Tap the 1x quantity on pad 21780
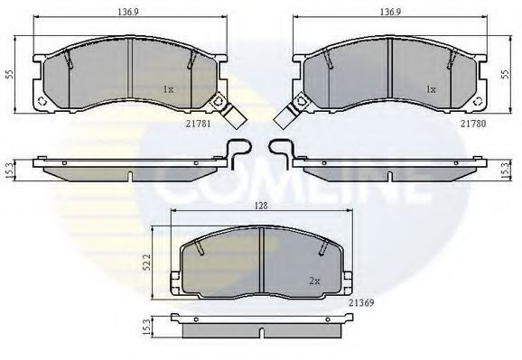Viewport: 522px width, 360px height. [x=431, y=89]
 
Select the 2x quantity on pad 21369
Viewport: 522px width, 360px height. [x=314, y=282]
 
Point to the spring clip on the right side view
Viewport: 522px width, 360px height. [x=281, y=154]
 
